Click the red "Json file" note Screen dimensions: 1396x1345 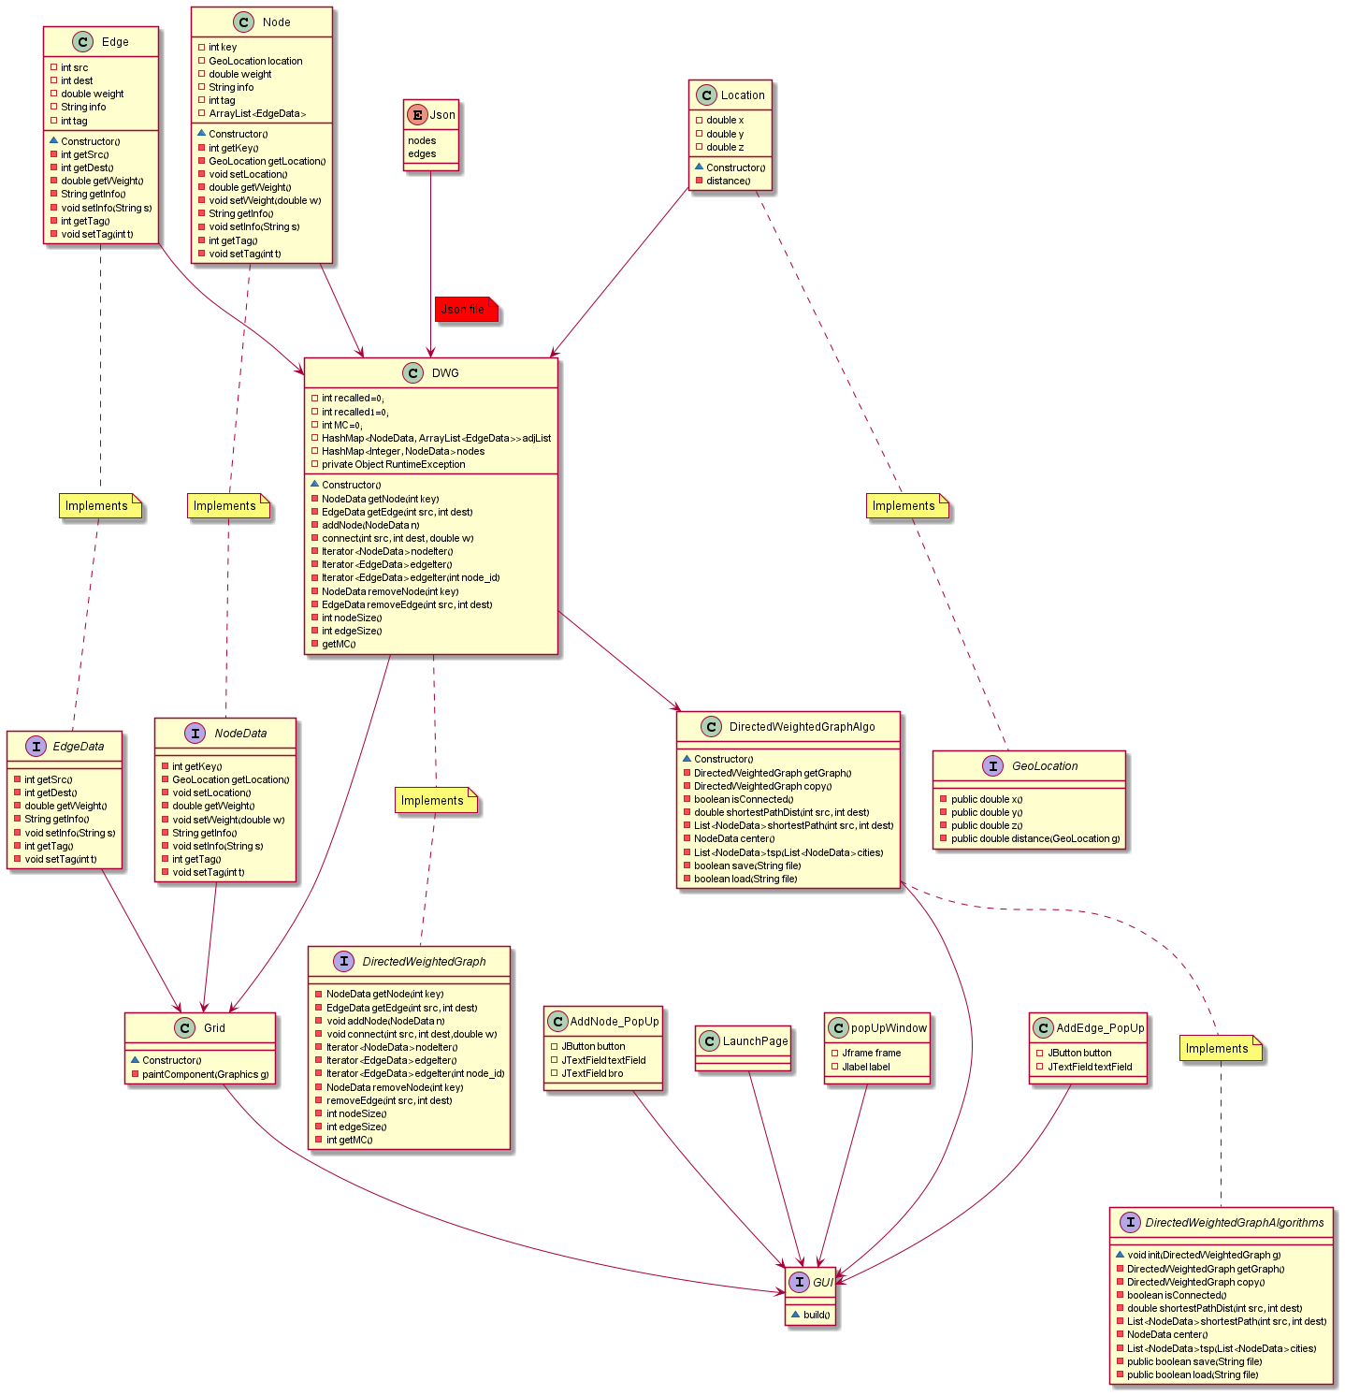tap(465, 310)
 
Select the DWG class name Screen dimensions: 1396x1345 tap(445, 373)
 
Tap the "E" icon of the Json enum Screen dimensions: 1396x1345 tap(417, 115)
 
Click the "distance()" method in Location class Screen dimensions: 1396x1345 tap(728, 181)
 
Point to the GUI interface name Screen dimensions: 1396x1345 tap(822, 1283)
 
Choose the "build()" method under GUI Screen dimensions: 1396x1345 tap(816, 1315)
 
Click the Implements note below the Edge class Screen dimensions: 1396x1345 tap(98, 506)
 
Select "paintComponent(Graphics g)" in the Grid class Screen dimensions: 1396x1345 tap(205, 1074)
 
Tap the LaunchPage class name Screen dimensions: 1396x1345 tap(755, 1041)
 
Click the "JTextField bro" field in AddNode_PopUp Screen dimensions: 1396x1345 tap(592, 1073)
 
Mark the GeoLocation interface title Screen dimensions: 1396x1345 tap(1044, 766)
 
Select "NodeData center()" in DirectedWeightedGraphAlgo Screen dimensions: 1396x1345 tap(734, 839)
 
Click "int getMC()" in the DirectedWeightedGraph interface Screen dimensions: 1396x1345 tap(349, 1140)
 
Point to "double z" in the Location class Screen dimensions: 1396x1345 tap(725, 147)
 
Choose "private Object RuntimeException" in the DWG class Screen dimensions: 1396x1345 tap(393, 464)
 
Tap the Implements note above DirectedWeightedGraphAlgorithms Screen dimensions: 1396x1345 tap(1219, 1049)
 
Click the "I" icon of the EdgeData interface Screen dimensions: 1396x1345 tap(36, 747)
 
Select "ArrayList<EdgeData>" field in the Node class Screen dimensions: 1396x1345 tap(257, 113)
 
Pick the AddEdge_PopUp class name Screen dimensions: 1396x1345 tap(1100, 1028)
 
